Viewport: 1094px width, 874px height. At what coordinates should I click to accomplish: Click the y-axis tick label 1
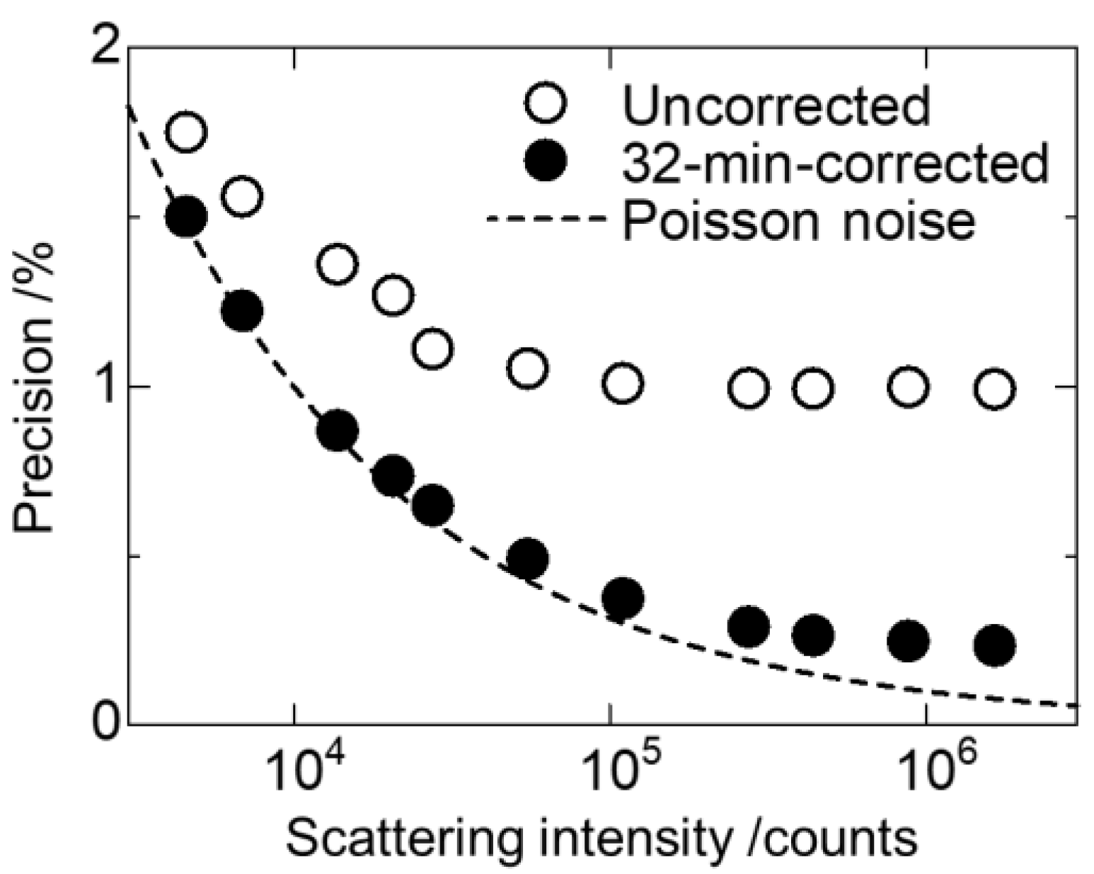click(105, 387)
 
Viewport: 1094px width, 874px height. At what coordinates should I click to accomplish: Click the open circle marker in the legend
click(546, 103)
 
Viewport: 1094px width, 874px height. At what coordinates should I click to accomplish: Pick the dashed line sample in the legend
click(546, 219)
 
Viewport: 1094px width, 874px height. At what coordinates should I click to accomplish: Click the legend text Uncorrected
click(776, 105)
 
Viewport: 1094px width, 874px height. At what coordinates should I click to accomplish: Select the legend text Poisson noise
click(799, 220)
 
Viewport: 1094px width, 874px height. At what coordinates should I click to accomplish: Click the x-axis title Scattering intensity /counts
click(601, 839)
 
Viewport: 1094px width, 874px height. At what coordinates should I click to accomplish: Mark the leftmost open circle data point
click(186, 132)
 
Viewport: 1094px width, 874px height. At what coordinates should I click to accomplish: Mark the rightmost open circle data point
click(994, 389)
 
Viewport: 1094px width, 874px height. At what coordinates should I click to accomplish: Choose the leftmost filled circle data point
click(186, 216)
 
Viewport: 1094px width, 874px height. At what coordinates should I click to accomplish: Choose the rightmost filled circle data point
click(994, 645)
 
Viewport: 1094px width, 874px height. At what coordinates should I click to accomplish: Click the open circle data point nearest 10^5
click(623, 383)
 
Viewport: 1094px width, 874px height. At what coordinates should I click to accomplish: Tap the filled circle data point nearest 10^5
click(623, 598)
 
